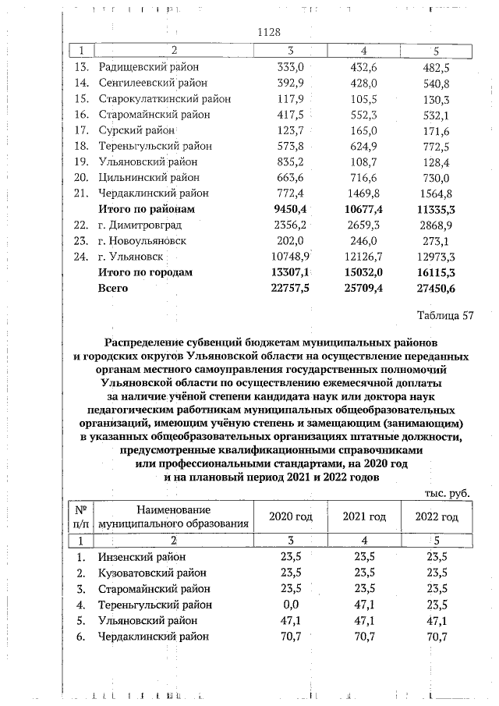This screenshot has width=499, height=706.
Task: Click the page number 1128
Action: (x=268, y=32)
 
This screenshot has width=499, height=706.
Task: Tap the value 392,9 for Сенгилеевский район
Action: (x=289, y=83)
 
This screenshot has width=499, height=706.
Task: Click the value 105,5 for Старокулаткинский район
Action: (x=365, y=99)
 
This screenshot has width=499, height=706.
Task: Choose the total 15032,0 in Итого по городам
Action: (x=361, y=272)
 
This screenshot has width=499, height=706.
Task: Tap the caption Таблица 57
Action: (x=444, y=316)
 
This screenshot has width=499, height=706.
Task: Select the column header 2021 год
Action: (x=365, y=516)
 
